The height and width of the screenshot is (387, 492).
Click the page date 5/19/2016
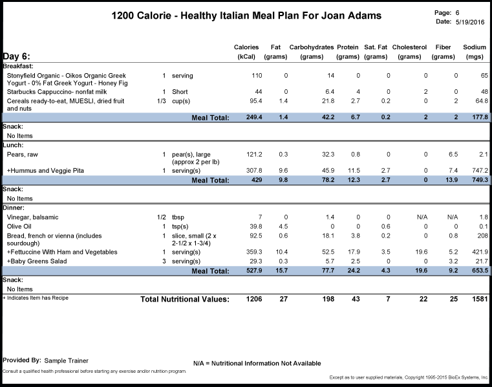[470, 22]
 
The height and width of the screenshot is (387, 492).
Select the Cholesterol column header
[409, 52]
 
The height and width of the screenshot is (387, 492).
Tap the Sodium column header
[475, 52]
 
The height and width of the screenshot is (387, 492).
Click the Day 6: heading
[17, 56]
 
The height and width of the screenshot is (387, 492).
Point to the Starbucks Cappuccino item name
[57, 92]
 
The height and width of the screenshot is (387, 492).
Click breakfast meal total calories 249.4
[254, 117]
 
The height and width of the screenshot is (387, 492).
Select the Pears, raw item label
[22, 155]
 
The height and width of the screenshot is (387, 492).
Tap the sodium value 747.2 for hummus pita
[480, 171]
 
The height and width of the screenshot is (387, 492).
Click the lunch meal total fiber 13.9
[451, 180]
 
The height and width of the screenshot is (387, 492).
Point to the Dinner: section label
[14, 208]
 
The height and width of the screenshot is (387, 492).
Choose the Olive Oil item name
[19, 227]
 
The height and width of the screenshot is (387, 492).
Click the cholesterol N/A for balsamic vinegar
[422, 217]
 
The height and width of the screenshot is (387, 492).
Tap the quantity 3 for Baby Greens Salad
[164, 261]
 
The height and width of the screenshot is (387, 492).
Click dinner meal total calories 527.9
[254, 271]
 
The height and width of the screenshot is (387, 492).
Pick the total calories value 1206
[254, 299]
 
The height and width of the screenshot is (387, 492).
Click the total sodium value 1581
[480, 299]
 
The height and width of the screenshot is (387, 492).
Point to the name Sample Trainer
[66, 360]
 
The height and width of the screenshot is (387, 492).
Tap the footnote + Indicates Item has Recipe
[36, 298]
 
